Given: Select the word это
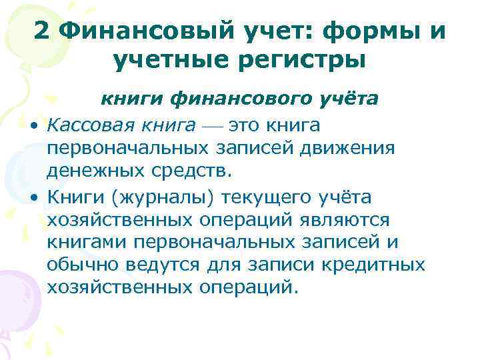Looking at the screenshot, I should click(243, 125).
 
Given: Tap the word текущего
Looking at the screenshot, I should click(272, 197).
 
